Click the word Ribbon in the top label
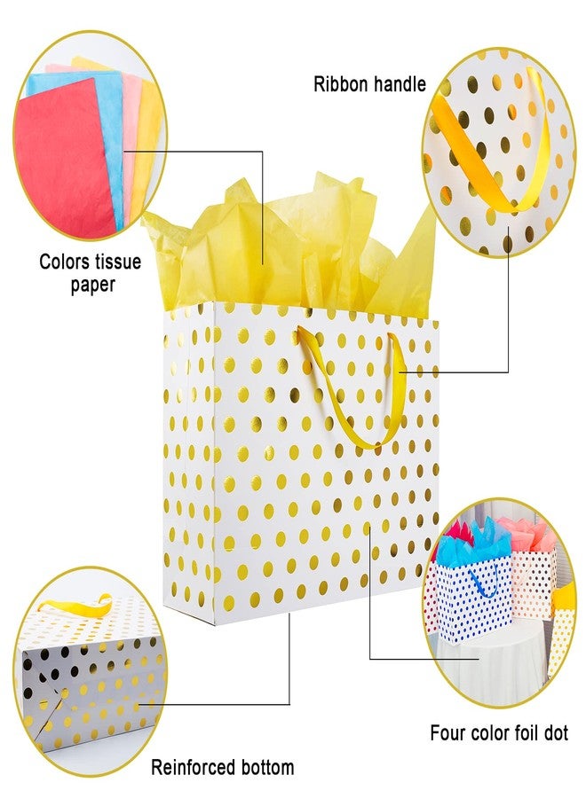pos(339,84)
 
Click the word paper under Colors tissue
pos(92,285)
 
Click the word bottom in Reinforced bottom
pos(266,767)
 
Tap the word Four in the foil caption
pos(447,733)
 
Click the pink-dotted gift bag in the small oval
pos(534,585)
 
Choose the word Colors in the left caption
pos(65,262)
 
